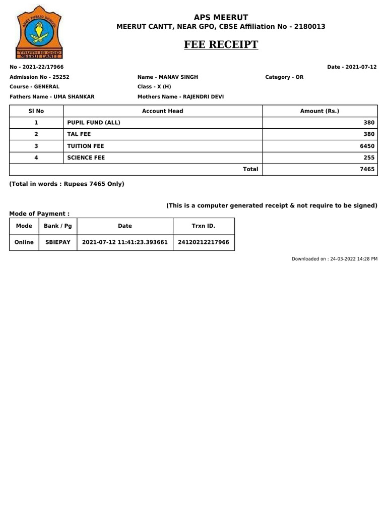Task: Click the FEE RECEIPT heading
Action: (221, 44)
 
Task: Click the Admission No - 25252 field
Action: (39, 77)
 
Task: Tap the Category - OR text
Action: (284, 77)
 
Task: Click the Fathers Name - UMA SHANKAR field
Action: (52, 96)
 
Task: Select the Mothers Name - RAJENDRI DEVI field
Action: (180, 96)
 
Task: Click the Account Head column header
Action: (162, 111)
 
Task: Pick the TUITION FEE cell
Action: (86, 146)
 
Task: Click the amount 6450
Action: (368, 146)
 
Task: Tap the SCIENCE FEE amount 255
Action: (369, 158)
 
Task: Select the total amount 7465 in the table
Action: (367, 170)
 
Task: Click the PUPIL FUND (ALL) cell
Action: (94, 123)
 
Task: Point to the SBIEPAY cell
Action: (58, 242)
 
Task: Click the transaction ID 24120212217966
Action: (204, 242)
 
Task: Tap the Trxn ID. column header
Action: (204, 226)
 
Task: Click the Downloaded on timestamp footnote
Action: (335, 258)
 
